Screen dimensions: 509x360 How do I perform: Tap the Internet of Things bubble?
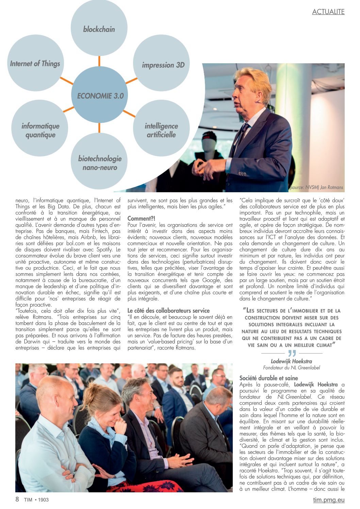pyautogui.click(x=35, y=63)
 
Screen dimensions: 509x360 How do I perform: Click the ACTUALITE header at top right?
pyautogui.click(x=328, y=12)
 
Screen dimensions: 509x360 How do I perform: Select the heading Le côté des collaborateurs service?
pyautogui.click(x=168, y=311)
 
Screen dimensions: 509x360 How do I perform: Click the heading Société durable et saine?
pyautogui.click(x=268, y=378)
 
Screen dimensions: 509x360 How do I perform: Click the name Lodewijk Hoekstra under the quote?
pyautogui.click(x=291, y=361)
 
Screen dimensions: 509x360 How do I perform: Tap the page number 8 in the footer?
pyautogui.click(x=17, y=499)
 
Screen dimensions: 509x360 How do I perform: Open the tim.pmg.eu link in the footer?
pyautogui.click(x=329, y=500)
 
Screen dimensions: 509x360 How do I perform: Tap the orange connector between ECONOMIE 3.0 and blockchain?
pyautogui.click(x=99, y=61)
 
